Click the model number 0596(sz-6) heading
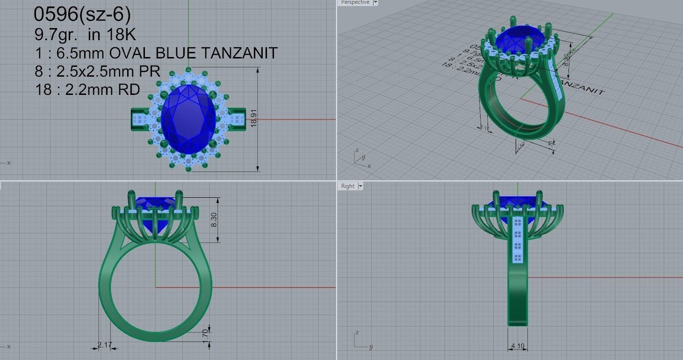[x=82, y=14]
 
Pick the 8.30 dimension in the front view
[x=214, y=219]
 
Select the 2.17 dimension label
[x=105, y=345]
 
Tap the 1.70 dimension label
[x=205, y=334]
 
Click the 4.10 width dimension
[x=518, y=346]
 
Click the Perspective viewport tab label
[x=355, y=3]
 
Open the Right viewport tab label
[x=348, y=186]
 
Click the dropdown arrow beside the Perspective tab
[x=376, y=3]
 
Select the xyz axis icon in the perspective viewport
[x=360, y=157]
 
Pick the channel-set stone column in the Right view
[x=517, y=239]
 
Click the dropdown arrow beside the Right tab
[x=360, y=186]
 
